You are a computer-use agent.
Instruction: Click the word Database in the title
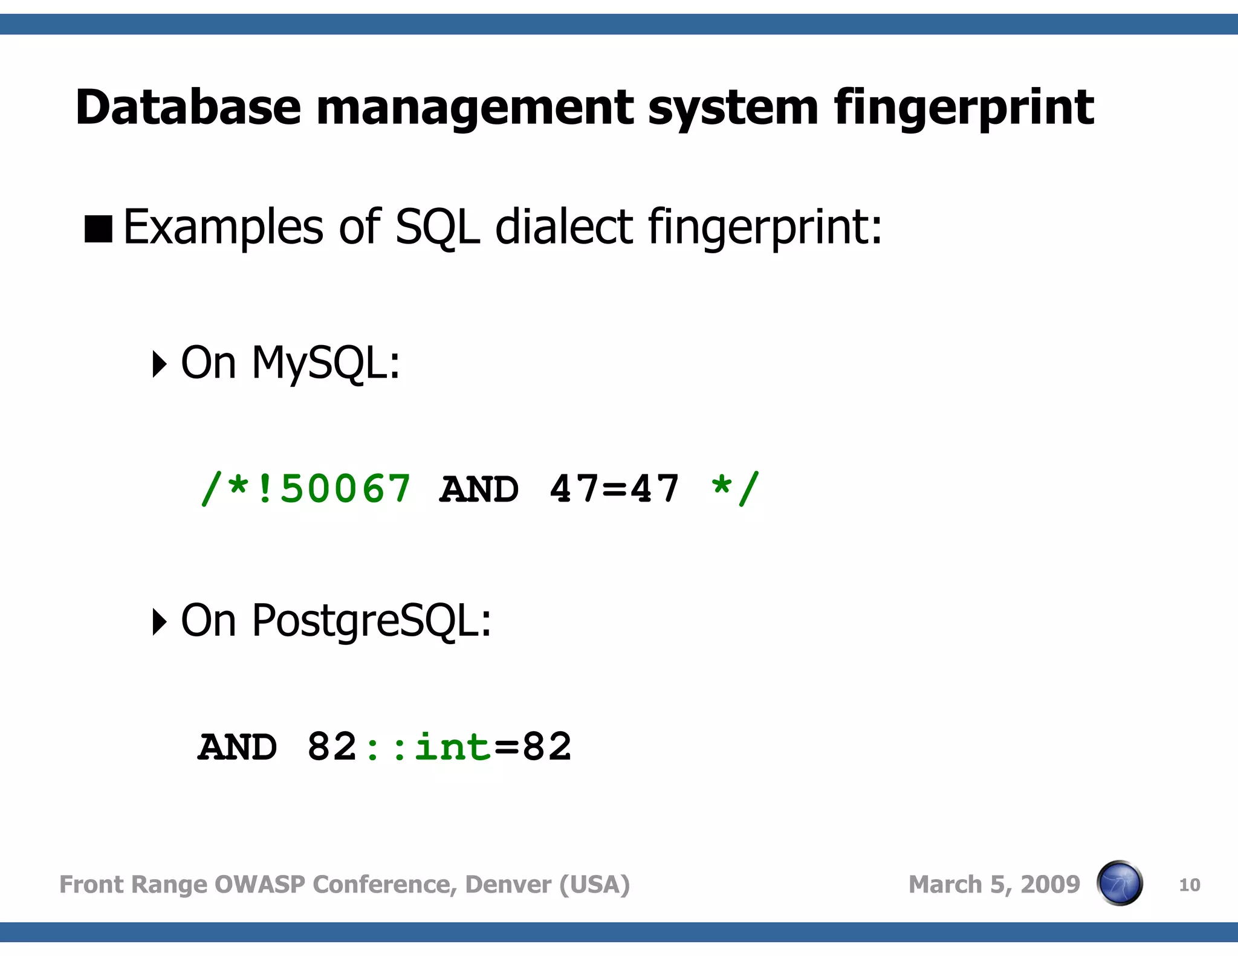click(188, 108)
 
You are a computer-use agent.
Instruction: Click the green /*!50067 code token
click(306, 489)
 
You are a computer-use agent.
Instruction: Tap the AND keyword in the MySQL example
click(479, 489)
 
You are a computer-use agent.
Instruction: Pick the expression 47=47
click(614, 489)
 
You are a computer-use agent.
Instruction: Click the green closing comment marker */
click(734, 489)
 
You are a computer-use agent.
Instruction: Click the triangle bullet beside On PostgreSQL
click(159, 622)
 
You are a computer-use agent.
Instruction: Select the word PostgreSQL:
click(371, 622)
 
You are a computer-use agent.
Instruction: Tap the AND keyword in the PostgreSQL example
click(238, 748)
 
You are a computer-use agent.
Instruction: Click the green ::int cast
click(427, 748)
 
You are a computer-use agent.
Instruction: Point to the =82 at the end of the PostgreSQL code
click(533, 748)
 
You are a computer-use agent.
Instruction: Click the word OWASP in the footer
click(259, 885)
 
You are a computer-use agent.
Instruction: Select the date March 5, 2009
click(994, 885)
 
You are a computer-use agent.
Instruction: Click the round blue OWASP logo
click(1120, 883)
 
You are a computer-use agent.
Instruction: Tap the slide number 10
click(1189, 885)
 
